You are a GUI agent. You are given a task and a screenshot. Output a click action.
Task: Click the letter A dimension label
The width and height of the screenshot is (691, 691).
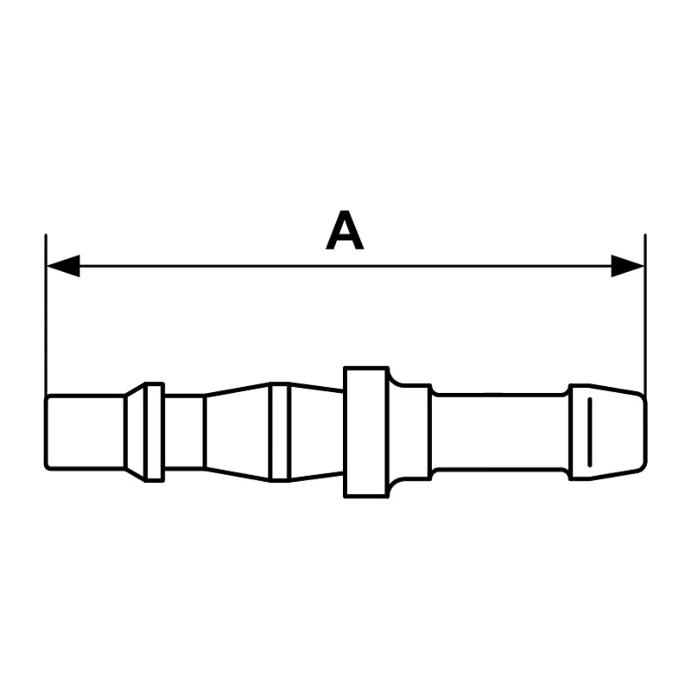[345, 231]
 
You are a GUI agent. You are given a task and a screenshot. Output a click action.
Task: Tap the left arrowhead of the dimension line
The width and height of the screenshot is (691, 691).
[63, 266]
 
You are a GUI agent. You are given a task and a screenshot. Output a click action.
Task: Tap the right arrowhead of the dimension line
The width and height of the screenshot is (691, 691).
[628, 266]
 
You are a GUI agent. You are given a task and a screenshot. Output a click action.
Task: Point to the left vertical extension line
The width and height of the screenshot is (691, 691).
[46, 315]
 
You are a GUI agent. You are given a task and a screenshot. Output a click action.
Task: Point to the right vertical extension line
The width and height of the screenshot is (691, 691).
[645, 315]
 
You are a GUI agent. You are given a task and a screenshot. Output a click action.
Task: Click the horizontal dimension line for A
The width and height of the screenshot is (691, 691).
[345, 266]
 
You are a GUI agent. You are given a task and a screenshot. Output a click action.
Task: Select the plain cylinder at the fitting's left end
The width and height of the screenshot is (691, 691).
[85, 432]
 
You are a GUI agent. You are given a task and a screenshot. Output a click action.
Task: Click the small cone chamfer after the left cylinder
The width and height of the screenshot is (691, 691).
[136, 432]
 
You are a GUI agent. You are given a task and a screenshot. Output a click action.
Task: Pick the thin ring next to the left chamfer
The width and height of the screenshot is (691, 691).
[155, 432]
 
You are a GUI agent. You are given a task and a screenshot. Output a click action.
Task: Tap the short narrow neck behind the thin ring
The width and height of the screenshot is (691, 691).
[184, 432]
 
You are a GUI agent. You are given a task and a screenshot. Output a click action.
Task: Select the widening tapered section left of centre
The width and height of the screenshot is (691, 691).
[238, 432]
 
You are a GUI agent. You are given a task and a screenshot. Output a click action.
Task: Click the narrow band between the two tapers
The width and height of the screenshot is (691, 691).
[280, 432]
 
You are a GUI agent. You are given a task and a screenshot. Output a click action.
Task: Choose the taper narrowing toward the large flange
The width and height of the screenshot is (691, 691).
[316, 432]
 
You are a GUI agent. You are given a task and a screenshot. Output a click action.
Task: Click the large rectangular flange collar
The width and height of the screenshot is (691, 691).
[366, 432]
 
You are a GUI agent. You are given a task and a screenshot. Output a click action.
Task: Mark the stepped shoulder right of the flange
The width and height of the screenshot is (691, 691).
[409, 432]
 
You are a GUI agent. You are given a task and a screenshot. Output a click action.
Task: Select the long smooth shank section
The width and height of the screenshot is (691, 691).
[499, 432]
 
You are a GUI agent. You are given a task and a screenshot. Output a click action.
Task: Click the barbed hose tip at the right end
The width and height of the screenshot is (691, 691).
[607, 432]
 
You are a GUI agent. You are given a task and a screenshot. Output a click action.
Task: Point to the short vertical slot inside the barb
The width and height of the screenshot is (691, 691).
[590, 432]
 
